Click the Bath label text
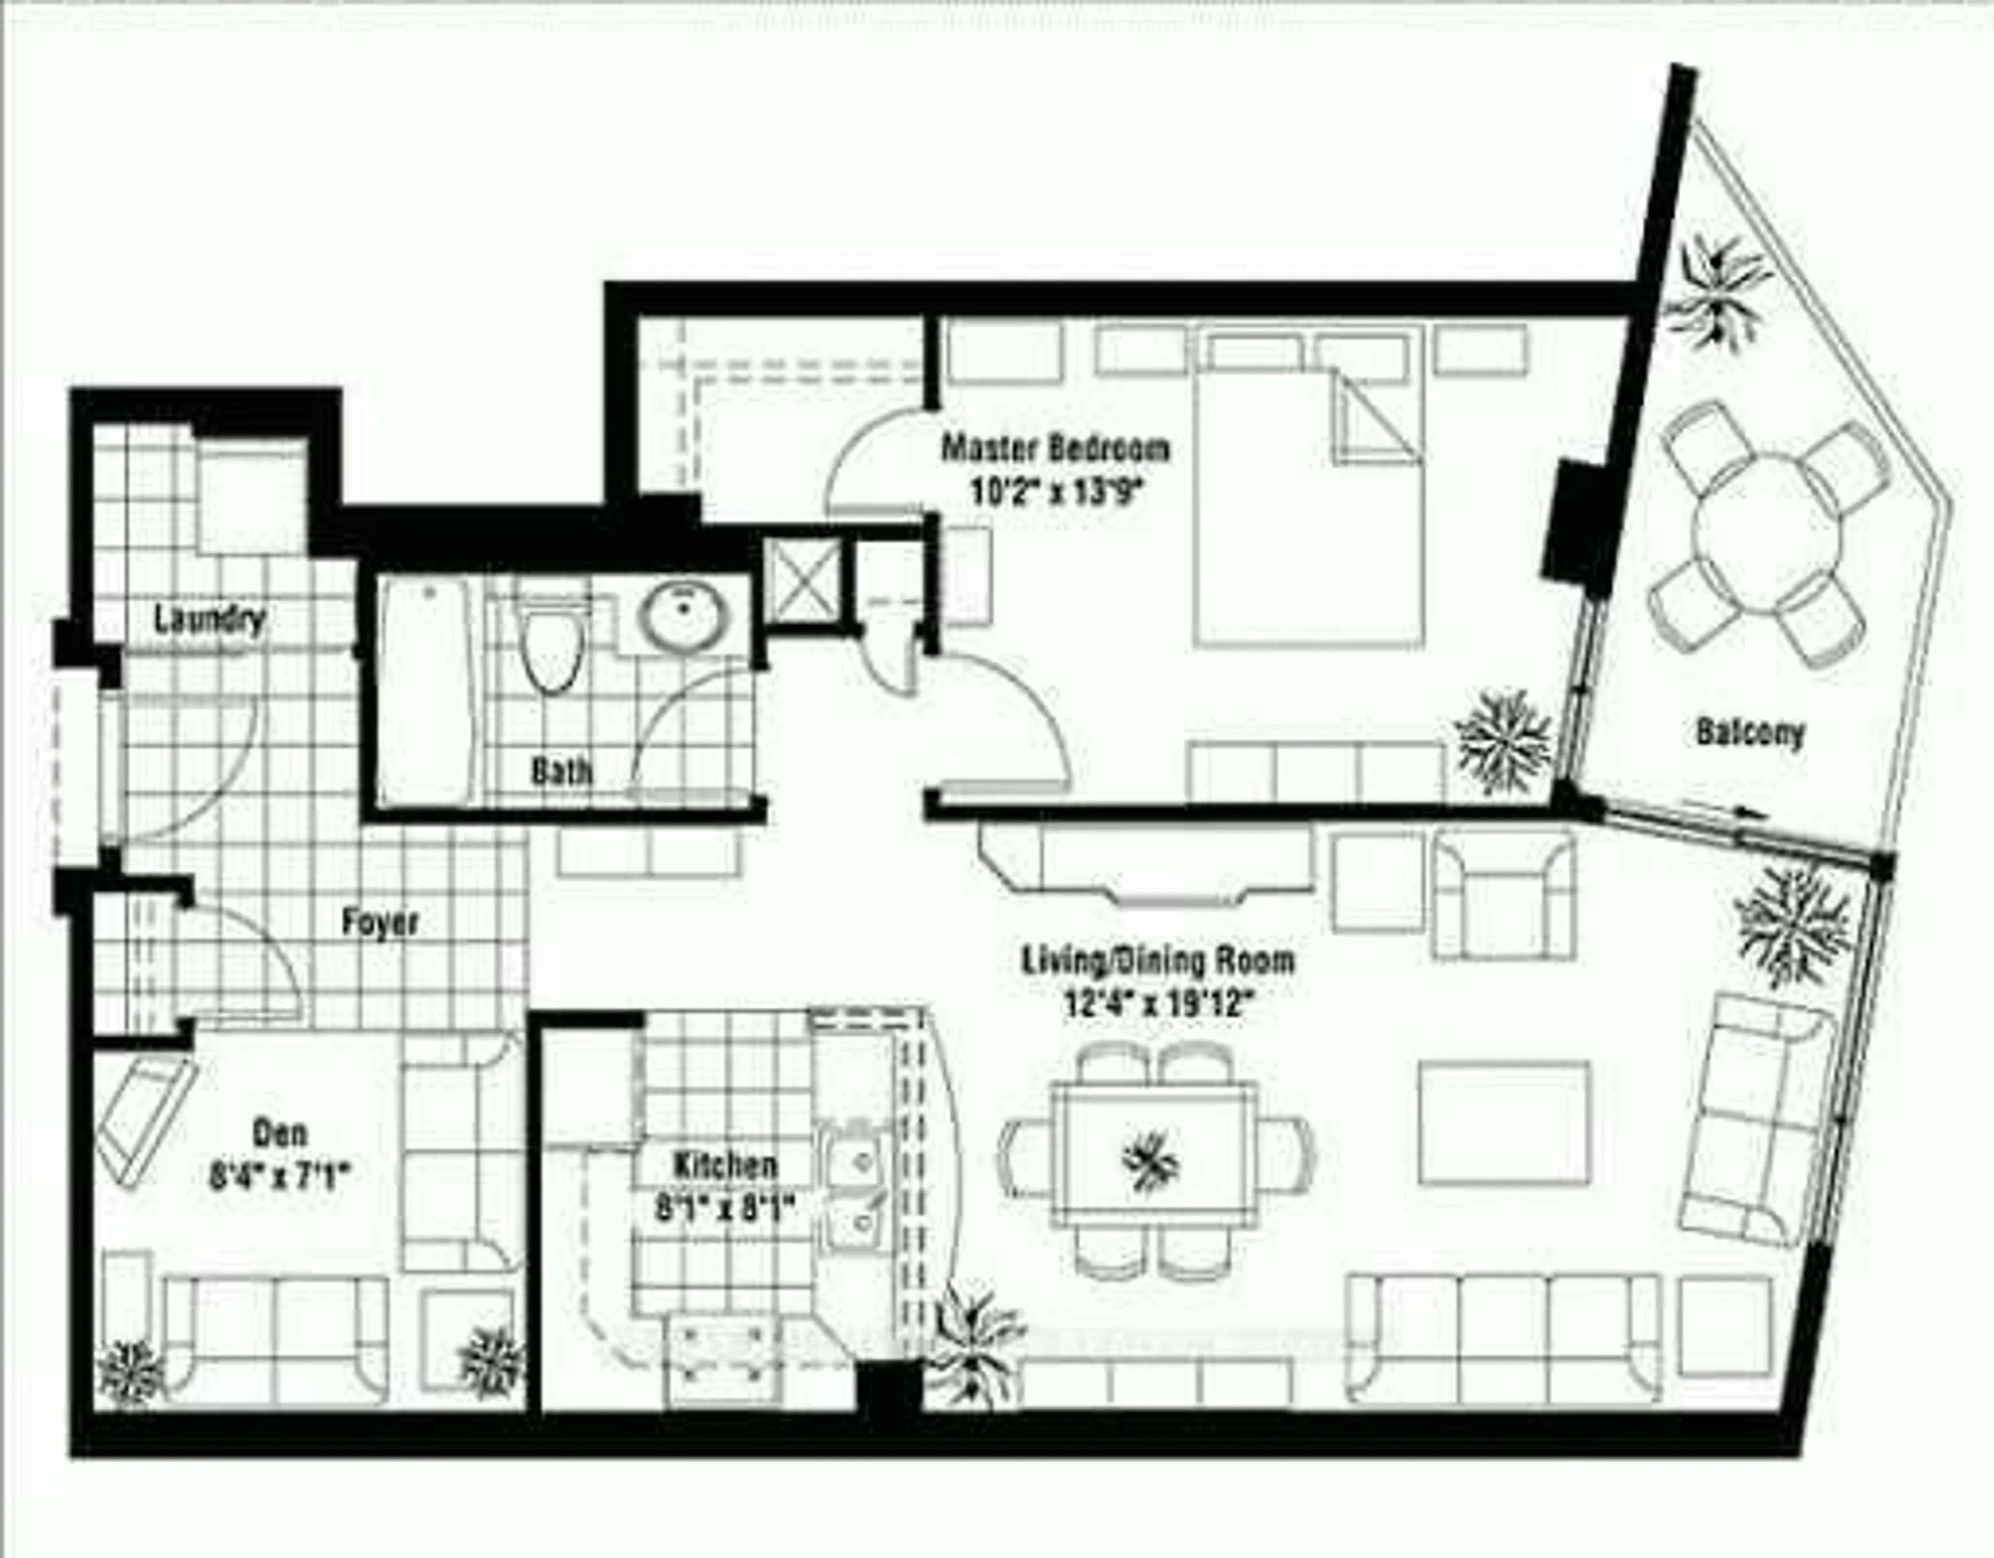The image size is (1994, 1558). click(561, 773)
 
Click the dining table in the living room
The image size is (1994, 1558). click(1152, 1160)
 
